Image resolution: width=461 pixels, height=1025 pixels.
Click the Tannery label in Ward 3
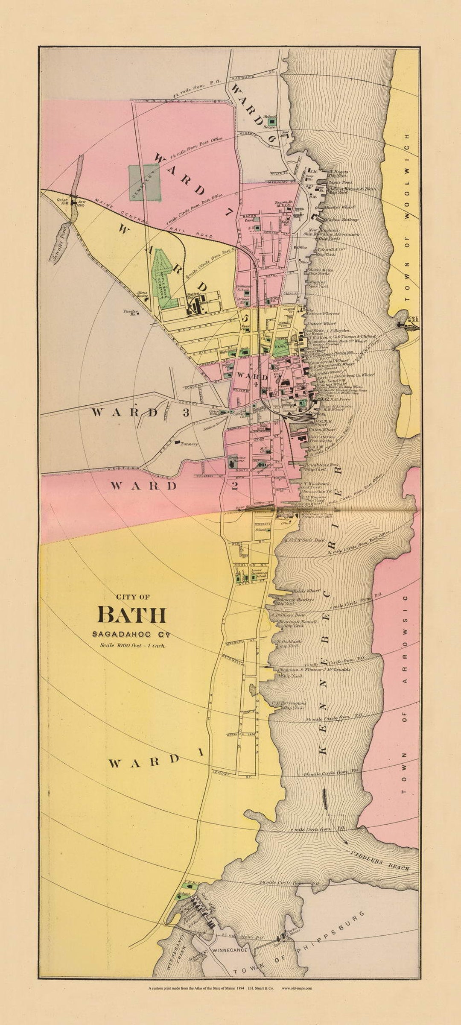point(189,444)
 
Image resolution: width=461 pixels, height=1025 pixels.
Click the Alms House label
point(142,295)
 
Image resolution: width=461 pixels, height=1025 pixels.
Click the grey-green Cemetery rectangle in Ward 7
point(145,183)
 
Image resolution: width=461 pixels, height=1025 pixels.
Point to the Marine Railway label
point(341,220)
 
